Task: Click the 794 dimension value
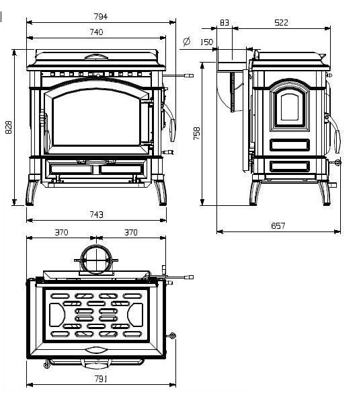pos(101,17)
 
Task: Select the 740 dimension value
pos(96,32)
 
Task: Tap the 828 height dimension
pos(9,127)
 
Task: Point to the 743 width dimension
pos(96,215)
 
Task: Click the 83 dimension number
pos(225,23)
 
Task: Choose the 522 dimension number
pos(281,23)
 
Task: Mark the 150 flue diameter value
pos(206,42)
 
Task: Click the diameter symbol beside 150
pos(187,41)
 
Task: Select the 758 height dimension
pos(196,133)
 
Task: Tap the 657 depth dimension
pos(278,225)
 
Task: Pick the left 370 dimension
pos(61,232)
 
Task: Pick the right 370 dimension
pos(131,232)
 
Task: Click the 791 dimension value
pos(101,379)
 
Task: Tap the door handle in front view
pos(172,131)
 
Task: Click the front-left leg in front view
pos(31,192)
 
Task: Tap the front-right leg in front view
pos(161,192)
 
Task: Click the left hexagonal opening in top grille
pos(57,315)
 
